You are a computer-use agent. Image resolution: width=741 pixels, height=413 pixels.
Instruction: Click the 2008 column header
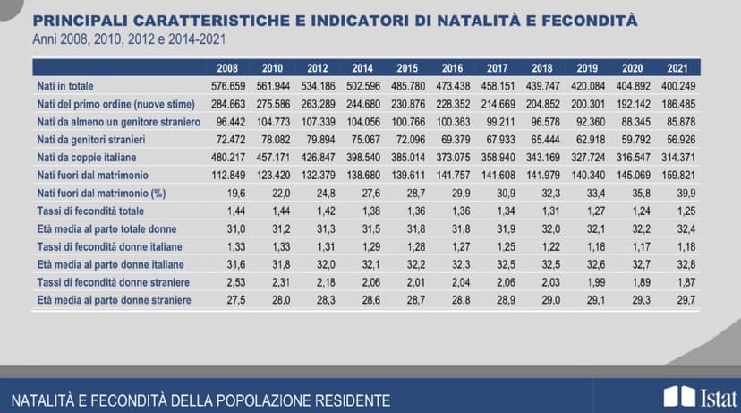pos(228,68)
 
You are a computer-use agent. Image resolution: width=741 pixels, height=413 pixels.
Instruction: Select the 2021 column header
pos(681,68)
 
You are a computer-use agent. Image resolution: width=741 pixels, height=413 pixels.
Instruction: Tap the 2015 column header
pos(408,68)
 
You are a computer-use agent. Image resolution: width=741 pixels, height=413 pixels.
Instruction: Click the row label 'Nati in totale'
pos(64,86)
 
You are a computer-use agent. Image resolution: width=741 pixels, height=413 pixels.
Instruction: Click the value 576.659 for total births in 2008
pos(228,86)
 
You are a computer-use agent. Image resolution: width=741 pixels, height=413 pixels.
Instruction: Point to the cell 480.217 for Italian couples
pos(228,158)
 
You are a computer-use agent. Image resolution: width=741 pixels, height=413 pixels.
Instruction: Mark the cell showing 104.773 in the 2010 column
pos(273,122)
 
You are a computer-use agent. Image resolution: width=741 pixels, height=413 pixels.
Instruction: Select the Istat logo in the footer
pos(702,397)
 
